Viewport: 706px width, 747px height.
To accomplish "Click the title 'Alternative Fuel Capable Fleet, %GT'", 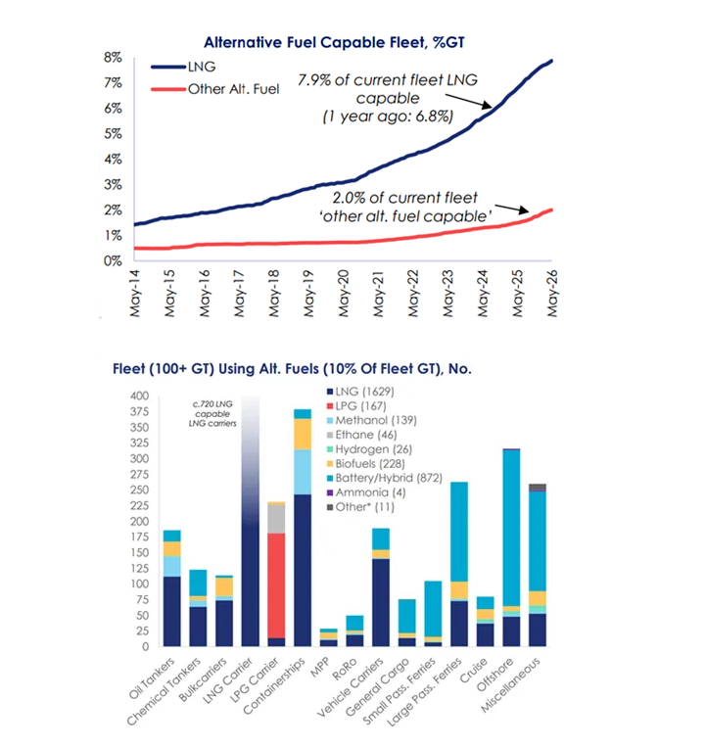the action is click(x=334, y=42).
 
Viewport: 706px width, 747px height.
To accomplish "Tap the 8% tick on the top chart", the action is click(x=113, y=58).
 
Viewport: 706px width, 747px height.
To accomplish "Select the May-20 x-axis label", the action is click(x=344, y=293).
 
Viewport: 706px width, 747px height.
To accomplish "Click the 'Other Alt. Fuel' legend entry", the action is click(x=215, y=89).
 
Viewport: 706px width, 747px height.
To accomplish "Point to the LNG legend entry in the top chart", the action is click(x=183, y=67).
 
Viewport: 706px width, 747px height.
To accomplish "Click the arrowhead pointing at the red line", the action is click(x=524, y=210).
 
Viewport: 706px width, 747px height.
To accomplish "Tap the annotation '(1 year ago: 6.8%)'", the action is click(x=388, y=117).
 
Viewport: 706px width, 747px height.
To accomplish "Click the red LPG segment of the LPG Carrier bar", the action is click(x=276, y=585).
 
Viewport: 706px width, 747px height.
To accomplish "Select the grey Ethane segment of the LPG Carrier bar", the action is click(x=276, y=519).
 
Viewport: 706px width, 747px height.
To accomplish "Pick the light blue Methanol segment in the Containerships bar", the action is click(x=303, y=472).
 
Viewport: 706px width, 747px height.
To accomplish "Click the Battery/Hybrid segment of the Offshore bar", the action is click(x=511, y=528).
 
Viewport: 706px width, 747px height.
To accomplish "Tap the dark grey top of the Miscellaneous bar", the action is click(x=538, y=487).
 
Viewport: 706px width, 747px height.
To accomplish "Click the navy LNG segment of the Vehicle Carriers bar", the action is click(x=381, y=602).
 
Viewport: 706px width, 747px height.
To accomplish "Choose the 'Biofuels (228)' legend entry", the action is click(x=366, y=463).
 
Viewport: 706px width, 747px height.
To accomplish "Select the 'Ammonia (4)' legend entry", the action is click(x=366, y=492).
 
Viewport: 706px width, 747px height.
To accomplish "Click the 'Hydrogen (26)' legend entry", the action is click(x=369, y=449).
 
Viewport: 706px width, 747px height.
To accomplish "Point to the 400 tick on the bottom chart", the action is click(x=140, y=396).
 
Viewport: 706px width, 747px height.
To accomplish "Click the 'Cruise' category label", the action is click(x=473, y=671).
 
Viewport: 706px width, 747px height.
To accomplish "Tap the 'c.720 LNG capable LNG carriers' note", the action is click(x=212, y=413).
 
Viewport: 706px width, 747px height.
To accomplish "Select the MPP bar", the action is click(x=329, y=637).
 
